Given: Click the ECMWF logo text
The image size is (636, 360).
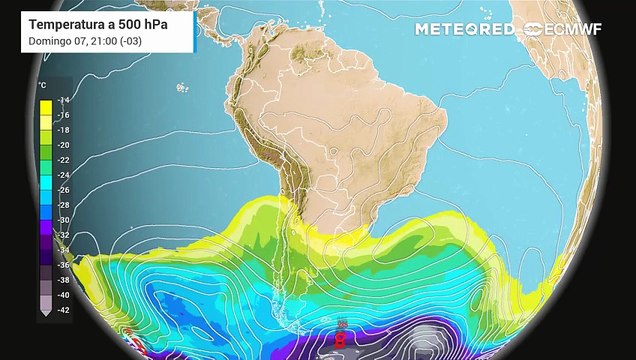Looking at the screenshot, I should point(574,29).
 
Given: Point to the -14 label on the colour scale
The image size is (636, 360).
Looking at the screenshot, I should point(63,101).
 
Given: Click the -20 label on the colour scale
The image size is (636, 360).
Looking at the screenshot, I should point(63,145).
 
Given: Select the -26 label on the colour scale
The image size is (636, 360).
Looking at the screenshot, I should point(63,190).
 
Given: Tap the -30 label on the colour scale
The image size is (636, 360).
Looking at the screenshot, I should point(63,220).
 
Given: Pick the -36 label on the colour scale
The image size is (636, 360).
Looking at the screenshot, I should point(63,265).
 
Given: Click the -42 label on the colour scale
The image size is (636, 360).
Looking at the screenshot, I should point(63,310).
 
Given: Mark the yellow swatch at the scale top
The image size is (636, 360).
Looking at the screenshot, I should point(45,103).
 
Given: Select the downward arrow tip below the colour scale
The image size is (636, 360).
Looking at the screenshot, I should point(45,315).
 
